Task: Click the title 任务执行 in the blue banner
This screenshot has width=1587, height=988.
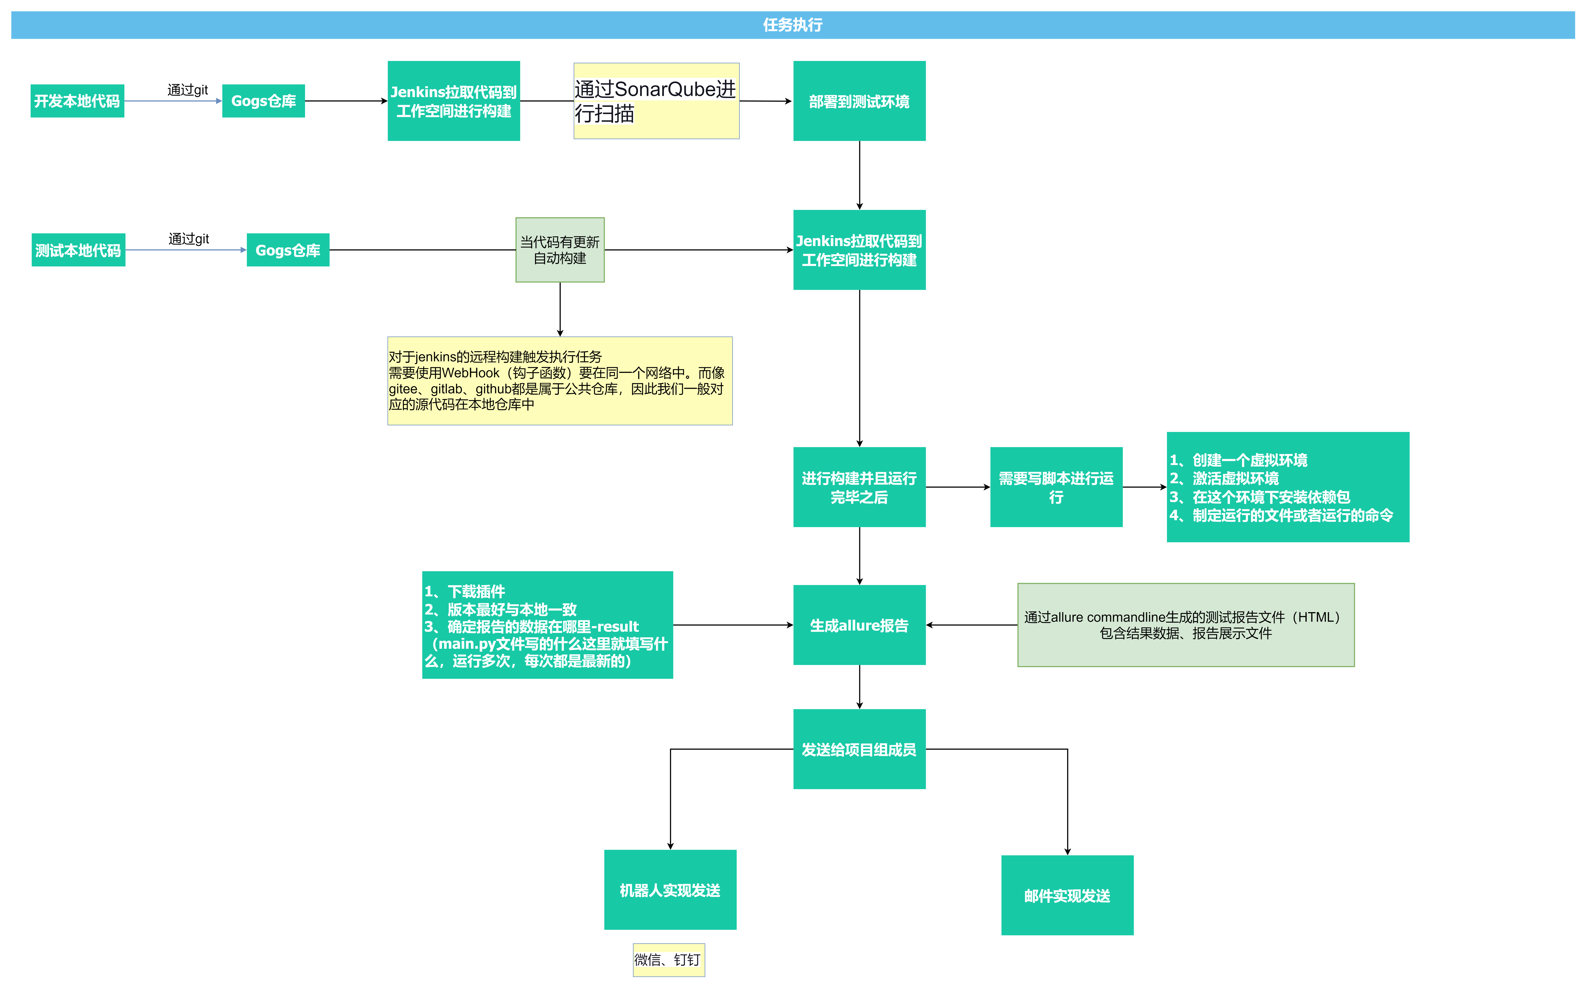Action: pos(792,25)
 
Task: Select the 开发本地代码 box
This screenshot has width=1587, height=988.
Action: pos(77,101)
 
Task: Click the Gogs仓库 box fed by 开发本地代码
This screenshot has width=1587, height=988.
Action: pos(263,101)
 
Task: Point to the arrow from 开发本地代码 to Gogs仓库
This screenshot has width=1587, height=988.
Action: pos(173,101)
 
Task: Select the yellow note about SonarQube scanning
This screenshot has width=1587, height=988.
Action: pos(656,101)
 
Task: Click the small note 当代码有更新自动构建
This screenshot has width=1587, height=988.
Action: pos(560,250)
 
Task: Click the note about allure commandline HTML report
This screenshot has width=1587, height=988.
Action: pos(1185,625)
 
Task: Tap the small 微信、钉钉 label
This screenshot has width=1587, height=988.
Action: pos(668,959)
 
